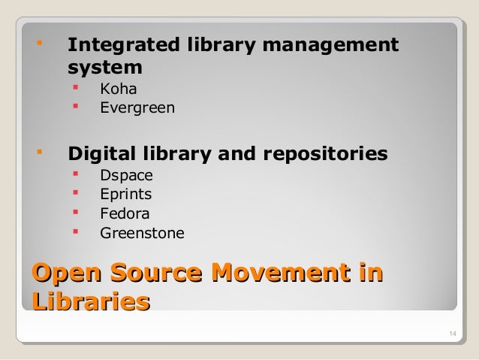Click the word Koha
pos(118,90)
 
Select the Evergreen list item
pos(137,108)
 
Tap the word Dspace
pos(126,177)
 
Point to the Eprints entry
pos(126,195)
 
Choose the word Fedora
pos(125,213)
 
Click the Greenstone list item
pos(142,234)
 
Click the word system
pos(105,67)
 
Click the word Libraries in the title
pos(89,302)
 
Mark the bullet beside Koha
pos(75,89)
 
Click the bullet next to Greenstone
pos(75,232)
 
